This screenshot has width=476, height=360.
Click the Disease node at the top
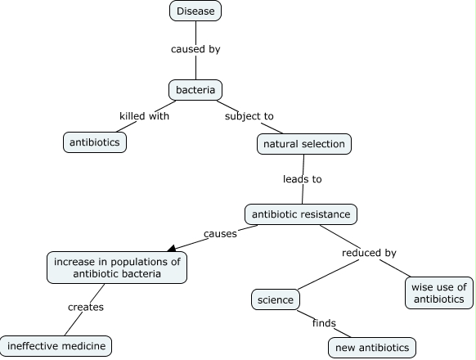pyautogui.click(x=195, y=11)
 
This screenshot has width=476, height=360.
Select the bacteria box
pyautogui.click(x=195, y=89)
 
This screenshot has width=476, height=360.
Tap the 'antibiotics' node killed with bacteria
pyautogui.click(x=95, y=142)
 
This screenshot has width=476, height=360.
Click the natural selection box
pyautogui.click(x=304, y=145)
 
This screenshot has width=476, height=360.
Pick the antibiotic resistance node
pyautogui.click(x=301, y=214)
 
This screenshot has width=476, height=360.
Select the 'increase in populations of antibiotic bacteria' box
pyautogui.click(x=117, y=268)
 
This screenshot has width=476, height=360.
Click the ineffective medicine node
pyautogui.click(x=55, y=345)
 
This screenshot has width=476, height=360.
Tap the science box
pyautogui.click(x=275, y=299)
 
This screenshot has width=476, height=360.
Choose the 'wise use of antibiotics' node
pyautogui.click(x=438, y=293)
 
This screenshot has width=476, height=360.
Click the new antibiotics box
pyautogui.click(x=372, y=348)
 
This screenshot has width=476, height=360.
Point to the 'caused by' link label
pyautogui.click(x=195, y=49)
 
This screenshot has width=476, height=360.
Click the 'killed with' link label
pyautogui.click(x=144, y=116)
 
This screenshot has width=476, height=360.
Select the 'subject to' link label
pyautogui.click(x=249, y=116)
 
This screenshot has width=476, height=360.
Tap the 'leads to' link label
pyautogui.click(x=303, y=178)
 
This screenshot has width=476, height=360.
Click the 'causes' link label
pyautogui.click(x=220, y=233)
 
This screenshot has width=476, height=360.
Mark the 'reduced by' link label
pyautogui.click(x=368, y=253)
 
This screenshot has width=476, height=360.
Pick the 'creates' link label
pyautogui.click(x=86, y=307)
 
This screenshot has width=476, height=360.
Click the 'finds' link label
pyautogui.click(x=324, y=323)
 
